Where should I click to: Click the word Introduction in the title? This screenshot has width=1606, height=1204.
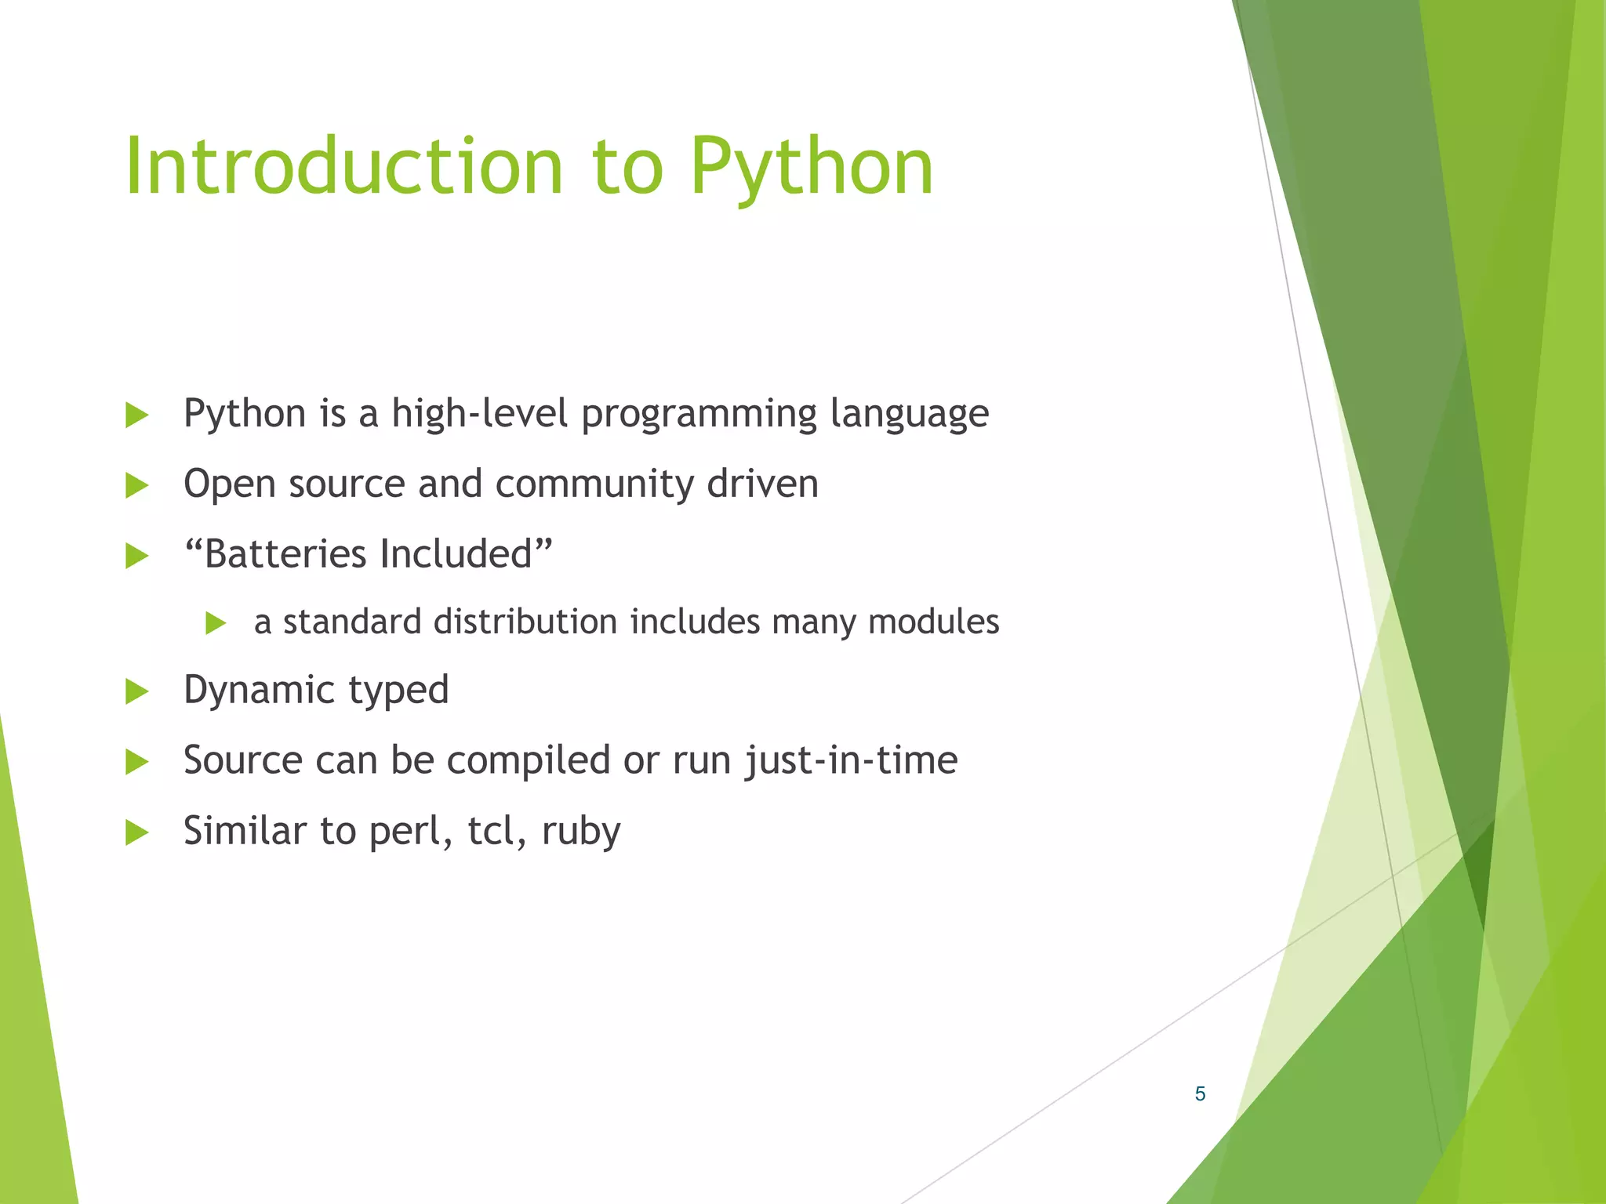pyautogui.click(x=343, y=166)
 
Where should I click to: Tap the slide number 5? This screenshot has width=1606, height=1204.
pyautogui.click(x=1200, y=1093)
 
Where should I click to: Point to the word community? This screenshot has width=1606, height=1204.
pyautogui.click(x=594, y=484)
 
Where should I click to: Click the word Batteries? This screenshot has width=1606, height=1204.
pyautogui.click(x=286, y=554)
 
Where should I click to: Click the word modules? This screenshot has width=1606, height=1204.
pyautogui.click(x=933, y=622)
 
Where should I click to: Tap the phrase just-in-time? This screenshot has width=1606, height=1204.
pyautogui.click(x=851, y=761)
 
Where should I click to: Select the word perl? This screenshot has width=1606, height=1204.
pyautogui.click(x=409, y=832)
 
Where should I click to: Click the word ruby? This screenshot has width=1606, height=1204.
pyautogui.click(x=580, y=832)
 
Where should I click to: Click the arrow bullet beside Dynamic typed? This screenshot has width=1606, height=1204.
pyautogui.click(x=137, y=691)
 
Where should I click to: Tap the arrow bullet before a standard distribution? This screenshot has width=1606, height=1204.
pyautogui.click(x=216, y=623)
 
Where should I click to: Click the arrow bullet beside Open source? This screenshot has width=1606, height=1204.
pyautogui.click(x=137, y=485)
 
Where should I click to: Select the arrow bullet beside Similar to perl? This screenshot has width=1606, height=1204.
pyautogui.click(x=137, y=832)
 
